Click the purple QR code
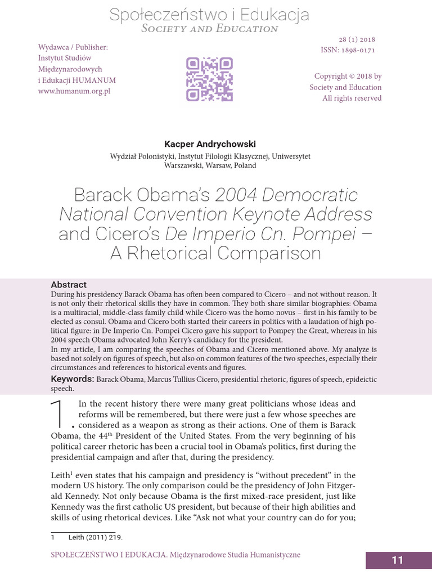click(209, 79)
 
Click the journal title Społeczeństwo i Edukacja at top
click(209, 14)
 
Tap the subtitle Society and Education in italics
click(209, 29)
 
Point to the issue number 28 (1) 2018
click(357, 39)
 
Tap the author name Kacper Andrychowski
click(209, 144)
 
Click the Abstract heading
click(69, 285)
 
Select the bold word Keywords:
click(73, 379)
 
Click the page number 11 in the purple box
click(398, 560)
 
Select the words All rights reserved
click(352, 98)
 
